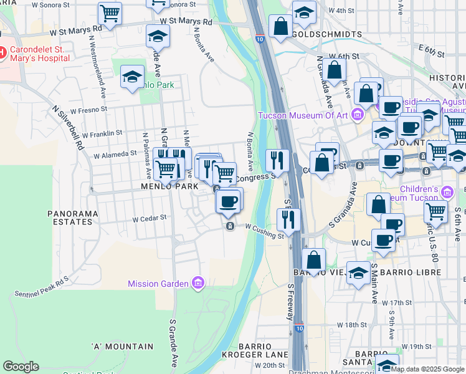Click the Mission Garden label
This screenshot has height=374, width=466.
coord(158,284)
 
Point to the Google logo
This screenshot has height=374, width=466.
coord(21,367)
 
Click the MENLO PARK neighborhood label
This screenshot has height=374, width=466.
coord(169,186)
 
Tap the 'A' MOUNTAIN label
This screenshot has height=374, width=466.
coord(122,346)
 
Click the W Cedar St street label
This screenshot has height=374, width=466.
coord(150,219)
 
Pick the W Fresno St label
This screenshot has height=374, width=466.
coord(90,111)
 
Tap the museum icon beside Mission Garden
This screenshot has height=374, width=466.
coord(198,284)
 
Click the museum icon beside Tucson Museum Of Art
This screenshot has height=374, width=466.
coord(357,114)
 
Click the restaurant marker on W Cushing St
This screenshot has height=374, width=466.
coord(288,219)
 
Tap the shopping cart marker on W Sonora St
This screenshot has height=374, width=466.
coord(110,12)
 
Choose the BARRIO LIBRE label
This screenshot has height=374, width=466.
coord(409,272)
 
